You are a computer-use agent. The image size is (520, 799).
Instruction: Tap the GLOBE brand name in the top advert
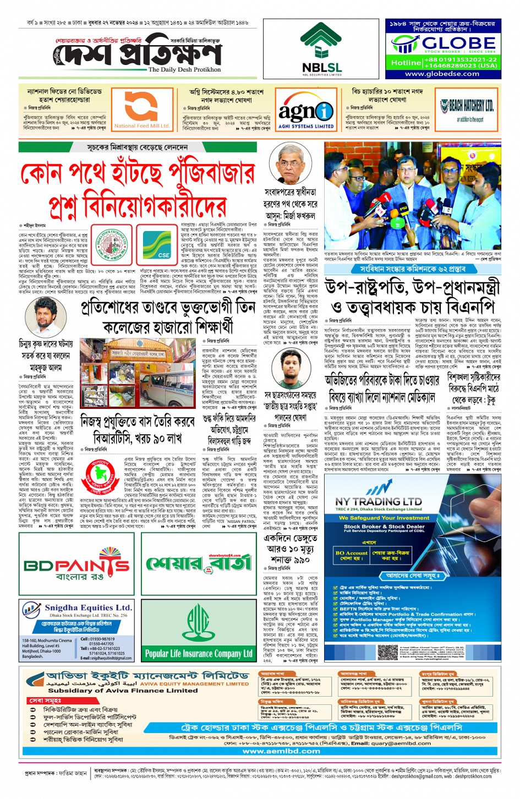coord(458,43)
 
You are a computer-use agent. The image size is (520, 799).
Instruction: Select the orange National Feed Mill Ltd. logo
coord(141,108)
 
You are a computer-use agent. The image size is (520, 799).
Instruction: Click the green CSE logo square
coord(163,245)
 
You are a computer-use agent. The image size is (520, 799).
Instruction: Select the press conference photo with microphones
coord(412,195)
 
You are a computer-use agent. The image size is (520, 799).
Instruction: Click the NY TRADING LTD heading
coord(378,501)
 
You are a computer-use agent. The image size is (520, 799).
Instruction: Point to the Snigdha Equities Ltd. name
coord(88,608)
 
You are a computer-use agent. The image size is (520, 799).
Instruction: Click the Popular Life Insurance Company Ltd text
coord(198,654)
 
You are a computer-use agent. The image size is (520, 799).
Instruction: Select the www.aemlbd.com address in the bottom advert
coord(273,751)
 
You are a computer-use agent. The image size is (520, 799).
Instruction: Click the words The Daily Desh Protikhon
coord(184,70)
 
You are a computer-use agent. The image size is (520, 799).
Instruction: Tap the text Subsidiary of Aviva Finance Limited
coord(123,690)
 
